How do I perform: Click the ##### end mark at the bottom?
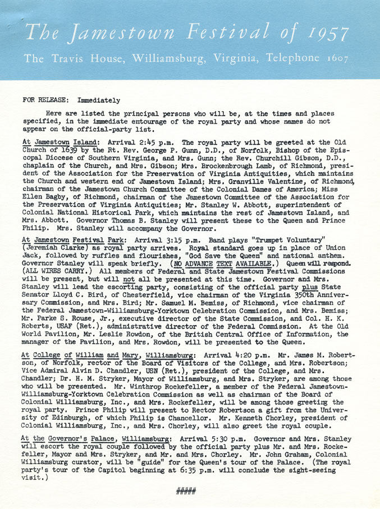coord(186,492)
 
